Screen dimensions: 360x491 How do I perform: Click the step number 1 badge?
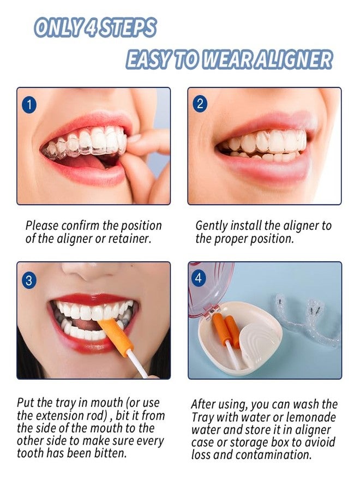point(29,105)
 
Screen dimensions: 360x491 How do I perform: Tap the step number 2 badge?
point(200,103)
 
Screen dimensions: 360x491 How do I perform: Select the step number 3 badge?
point(29,280)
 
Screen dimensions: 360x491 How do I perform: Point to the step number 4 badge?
point(199,278)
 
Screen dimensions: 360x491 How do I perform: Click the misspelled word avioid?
point(318,442)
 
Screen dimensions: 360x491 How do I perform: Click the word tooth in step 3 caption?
point(31,453)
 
